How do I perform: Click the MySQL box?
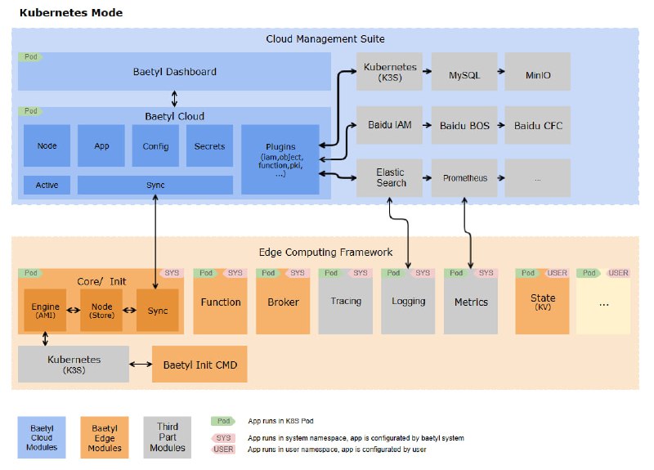pyautogui.click(x=464, y=71)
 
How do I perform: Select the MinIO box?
pyautogui.click(x=538, y=71)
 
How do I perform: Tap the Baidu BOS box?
pyautogui.click(x=464, y=125)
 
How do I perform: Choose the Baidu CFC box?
pyautogui.click(x=538, y=125)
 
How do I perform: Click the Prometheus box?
pyautogui.click(x=464, y=178)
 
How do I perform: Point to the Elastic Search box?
pyautogui.click(x=389, y=178)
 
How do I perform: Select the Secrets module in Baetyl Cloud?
pyautogui.click(x=209, y=145)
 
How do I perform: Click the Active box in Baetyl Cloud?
pyautogui.click(x=47, y=185)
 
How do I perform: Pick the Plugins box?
pyautogui.click(x=280, y=159)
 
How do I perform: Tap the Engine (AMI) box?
pyautogui.click(x=45, y=310)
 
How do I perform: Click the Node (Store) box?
pyautogui.click(x=101, y=310)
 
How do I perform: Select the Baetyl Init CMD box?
pyautogui.click(x=199, y=364)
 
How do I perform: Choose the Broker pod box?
pyautogui.click(x=283, y=302)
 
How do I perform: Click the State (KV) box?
pyautogui.click(x=542, y=302)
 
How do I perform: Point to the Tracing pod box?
pyautogui.click(x=345, y=302)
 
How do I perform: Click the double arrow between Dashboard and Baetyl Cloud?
pyautogui.click(x=174, y=99)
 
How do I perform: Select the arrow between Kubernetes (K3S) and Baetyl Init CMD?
pyautogui.click(x=141, y=364)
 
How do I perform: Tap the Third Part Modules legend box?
pyautogui.click(x=168, y=437)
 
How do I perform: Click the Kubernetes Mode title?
pyautogui.click(x=71, y=12)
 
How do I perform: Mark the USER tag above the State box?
pyautogui.click(x=557, y=273)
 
